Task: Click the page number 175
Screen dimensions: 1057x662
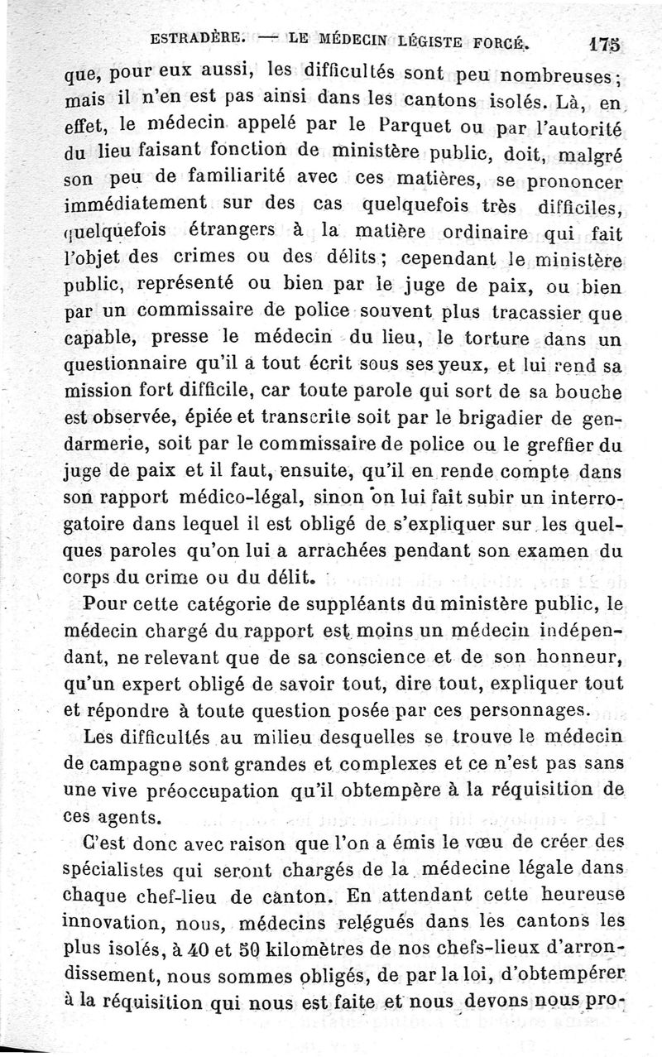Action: [607, 43]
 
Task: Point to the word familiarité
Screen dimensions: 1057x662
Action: [222, 177]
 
